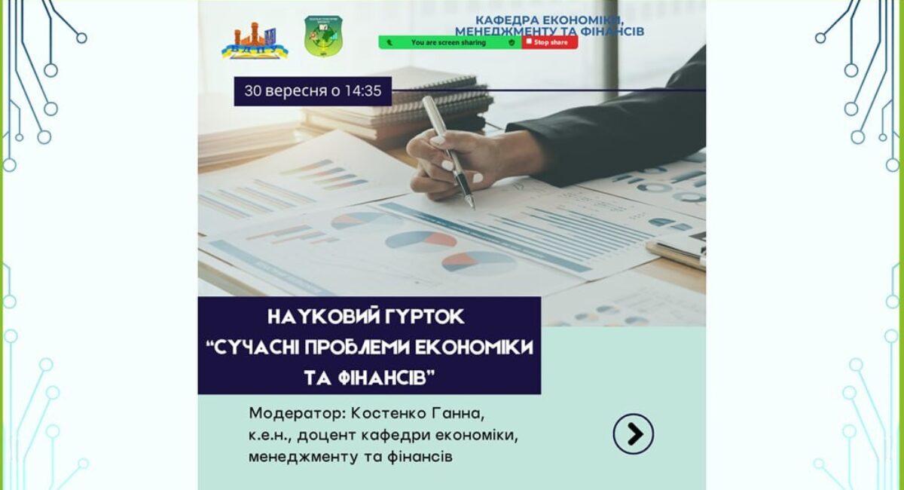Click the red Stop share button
pos(550,42)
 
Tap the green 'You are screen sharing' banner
pos(450,42)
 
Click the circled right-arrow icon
pos(634,434)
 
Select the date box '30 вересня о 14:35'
pos(313,91)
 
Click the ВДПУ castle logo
pos(255,40)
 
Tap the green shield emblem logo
pos(323,36)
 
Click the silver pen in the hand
pos(449,152)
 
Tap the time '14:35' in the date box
pos(363,91)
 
